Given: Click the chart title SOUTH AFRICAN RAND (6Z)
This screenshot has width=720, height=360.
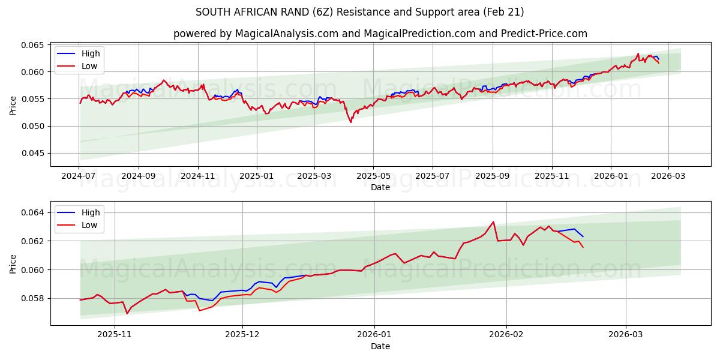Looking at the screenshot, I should [359, 12].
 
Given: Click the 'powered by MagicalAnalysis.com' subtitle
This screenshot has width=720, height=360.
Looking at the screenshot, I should [380, 34].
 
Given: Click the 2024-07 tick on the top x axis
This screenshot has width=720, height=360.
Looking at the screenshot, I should [79, 176].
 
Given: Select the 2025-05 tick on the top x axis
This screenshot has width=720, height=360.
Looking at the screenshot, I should [373, 176].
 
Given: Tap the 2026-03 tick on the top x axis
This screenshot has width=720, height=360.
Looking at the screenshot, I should [668, 176].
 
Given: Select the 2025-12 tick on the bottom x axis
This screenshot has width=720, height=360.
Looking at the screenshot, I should [242, 335].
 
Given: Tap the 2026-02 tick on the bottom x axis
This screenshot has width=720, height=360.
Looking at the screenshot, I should [506, 335].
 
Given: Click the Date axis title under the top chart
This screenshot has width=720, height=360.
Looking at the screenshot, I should [380, 187].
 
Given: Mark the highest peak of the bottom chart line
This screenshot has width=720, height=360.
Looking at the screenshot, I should [493, 222].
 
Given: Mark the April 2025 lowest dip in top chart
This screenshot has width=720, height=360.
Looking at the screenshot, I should [351, 122].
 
